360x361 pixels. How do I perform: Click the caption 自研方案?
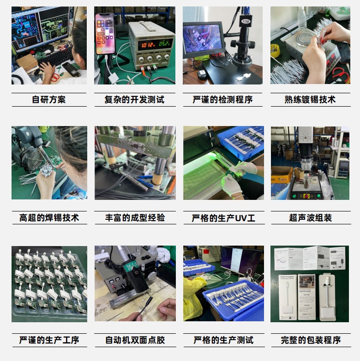(x=49, y=100)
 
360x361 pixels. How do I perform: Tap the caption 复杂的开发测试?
(x=134, y=100)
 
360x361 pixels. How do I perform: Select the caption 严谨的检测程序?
(x=222, y=100)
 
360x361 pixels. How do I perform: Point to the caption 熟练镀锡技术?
(x=310, y=100)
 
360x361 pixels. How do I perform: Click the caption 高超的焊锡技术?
(x=49, y=218)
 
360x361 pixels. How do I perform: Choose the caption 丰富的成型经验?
(x=135, y=218)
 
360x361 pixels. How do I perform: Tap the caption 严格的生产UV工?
(x=223, y=218)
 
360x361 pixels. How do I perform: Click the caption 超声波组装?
(x=311, y=218)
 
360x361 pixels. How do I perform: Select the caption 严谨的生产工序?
(x=49, y=340)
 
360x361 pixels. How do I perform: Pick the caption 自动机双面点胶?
(x=135, y=340)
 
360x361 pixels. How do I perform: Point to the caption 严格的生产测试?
(x=223, y=340)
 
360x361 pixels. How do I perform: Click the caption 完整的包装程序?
(x=311, y=340)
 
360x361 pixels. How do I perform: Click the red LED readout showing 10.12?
(x=148, y=45)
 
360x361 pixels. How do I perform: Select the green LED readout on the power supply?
(x=165, y=45)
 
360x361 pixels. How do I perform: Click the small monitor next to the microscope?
(x=203, y=40)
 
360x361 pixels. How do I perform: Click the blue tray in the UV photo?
(x=240, y=141)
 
